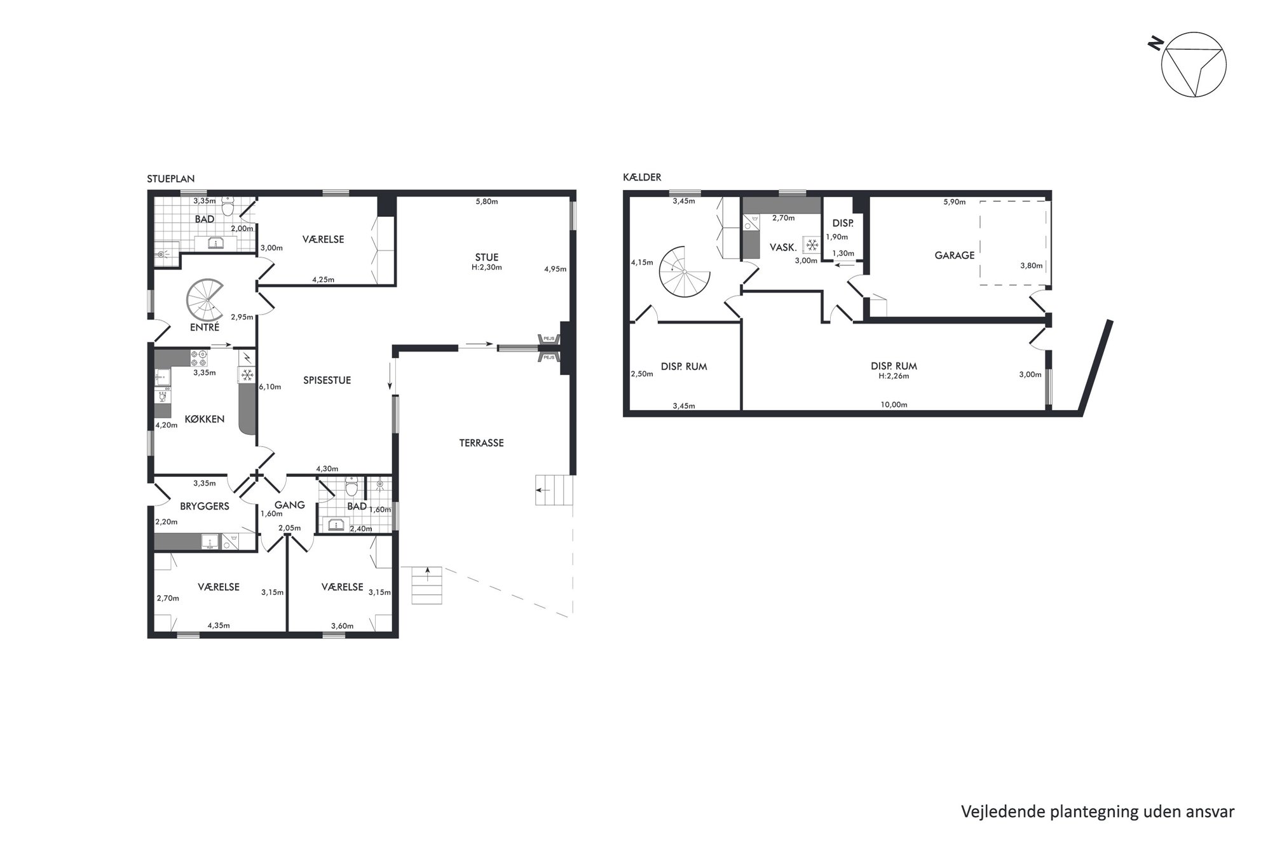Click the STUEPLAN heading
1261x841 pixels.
170,179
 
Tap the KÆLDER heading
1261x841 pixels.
642,177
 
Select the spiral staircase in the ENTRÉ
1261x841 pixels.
203,299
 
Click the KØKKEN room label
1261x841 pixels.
205,419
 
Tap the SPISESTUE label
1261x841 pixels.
327,380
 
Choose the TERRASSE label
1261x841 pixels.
481,443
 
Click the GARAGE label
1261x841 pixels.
954,255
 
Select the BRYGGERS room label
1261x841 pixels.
205,507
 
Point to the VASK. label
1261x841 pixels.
783,247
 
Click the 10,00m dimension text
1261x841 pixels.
894,404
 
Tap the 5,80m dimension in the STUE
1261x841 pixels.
487,202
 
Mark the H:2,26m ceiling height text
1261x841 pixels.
894,376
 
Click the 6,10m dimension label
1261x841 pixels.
270,386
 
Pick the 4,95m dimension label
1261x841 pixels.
555,269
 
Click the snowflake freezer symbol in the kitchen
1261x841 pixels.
247,374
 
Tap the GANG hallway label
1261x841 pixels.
290,505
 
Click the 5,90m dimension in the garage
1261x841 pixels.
954,202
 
